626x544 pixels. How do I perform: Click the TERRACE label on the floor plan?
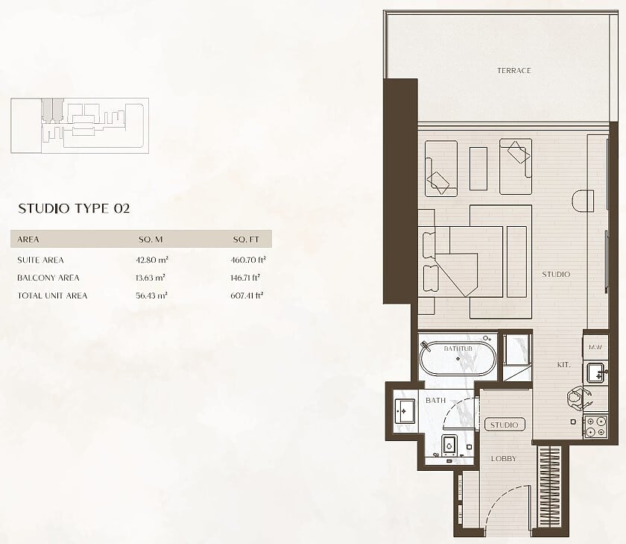coord(513,71)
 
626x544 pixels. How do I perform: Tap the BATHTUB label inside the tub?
coord(458,348)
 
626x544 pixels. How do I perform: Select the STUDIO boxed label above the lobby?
coord(505,425)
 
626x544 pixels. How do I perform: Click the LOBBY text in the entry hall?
coord(504,459)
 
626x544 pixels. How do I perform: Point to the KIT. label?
coord(563,365)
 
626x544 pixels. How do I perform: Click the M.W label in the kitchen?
coord(595,347)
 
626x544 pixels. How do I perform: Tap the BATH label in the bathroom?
coord(435,400)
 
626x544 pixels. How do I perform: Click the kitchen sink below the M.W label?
coord(597,372)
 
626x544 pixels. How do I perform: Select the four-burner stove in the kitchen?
coord(595,427)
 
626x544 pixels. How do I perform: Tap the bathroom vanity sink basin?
coord(405,411)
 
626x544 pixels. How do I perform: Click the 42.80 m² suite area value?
coord(152,260)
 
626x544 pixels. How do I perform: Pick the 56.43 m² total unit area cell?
coord(151,296)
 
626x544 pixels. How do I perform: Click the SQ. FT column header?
coord(246,240)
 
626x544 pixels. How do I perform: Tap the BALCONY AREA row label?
coord(48,278)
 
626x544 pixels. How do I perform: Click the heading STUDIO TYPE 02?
coord(74,209)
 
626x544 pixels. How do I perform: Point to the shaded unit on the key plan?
coord(52,110)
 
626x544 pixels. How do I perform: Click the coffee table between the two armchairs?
coord(478,169)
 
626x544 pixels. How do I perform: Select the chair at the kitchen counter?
coord(578,397)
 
